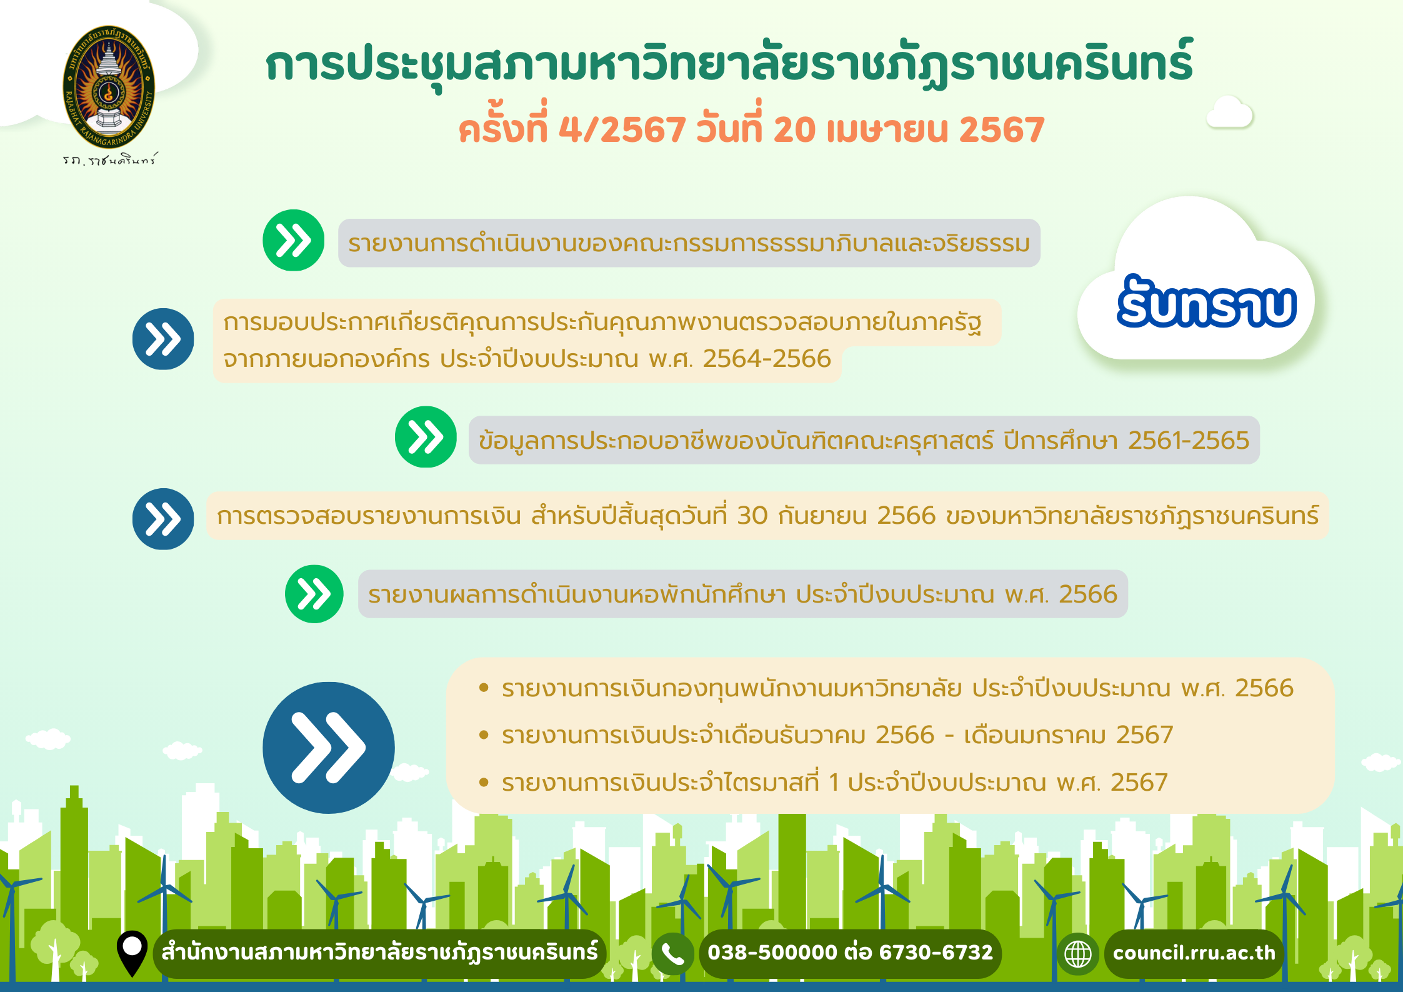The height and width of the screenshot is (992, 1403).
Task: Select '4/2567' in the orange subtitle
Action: click(x=622, y=129)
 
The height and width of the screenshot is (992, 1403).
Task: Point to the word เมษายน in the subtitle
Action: click(x=887, y=130)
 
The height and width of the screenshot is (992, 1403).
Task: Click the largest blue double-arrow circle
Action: click(x=329, y=748)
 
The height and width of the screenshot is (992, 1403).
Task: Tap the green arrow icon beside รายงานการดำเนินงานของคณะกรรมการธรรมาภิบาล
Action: click(x=294, y=241)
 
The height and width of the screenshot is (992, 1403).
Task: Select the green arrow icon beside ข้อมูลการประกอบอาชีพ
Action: click(x=426, y=437)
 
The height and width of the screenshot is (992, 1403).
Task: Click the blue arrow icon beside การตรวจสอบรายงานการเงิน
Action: click(x=163, y=519)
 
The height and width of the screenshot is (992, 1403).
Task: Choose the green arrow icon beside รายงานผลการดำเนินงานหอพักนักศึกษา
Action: click(x=314, y=594)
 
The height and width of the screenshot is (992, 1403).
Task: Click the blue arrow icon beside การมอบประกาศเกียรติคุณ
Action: click(x=163, y=339)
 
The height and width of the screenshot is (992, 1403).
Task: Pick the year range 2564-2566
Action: click(x=767, y=359)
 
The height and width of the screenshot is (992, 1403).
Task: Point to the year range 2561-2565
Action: click(x=1189, y=441)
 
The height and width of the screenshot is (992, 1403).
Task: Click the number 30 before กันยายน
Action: click(x=752, y=516)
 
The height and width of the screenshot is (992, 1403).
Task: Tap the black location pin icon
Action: click(x=132, y=953)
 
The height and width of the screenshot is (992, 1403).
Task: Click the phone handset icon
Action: click(x=672, y=954)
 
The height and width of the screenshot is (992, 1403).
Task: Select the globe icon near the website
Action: click(x=1078, y=954)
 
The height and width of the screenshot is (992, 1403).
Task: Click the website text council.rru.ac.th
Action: click(x=1194, y=953)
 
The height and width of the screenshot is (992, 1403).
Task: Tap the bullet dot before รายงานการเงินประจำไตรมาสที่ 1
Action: click(x=483, y=782)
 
